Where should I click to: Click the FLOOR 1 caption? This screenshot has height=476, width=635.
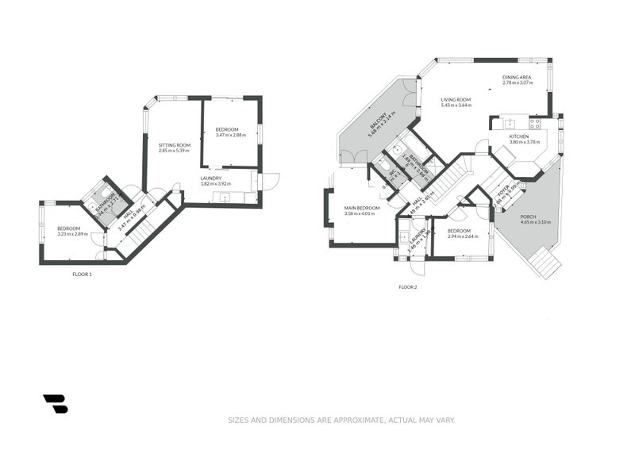tap(82, 274)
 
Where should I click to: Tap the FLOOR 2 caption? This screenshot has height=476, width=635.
tap(407, 286)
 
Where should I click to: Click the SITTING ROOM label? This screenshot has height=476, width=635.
tap(174, 145)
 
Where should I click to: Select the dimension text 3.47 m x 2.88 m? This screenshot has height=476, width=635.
tap(230, 135)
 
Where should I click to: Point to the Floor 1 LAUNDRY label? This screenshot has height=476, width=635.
tap(210, 178)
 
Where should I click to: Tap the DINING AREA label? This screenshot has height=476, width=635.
tap(516, 77)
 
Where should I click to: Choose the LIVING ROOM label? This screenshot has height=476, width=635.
tap(456, 99)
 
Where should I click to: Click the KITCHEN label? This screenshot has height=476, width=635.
tap(519, 136)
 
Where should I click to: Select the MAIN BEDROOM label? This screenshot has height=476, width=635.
tap(362, 208)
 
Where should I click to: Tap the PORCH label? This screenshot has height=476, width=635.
tap(528, 217)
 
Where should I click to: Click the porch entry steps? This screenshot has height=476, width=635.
tap(545, 262)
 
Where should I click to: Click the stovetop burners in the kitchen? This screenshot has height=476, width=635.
tap(534, 124)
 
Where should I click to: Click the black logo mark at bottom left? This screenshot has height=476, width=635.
tap(55, 404)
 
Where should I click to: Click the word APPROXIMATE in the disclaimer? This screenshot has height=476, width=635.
tap(358, 420)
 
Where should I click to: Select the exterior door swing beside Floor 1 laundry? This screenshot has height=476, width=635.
tap(270, 181)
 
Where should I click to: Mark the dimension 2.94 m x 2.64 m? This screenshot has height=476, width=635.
tap(463, 236)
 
